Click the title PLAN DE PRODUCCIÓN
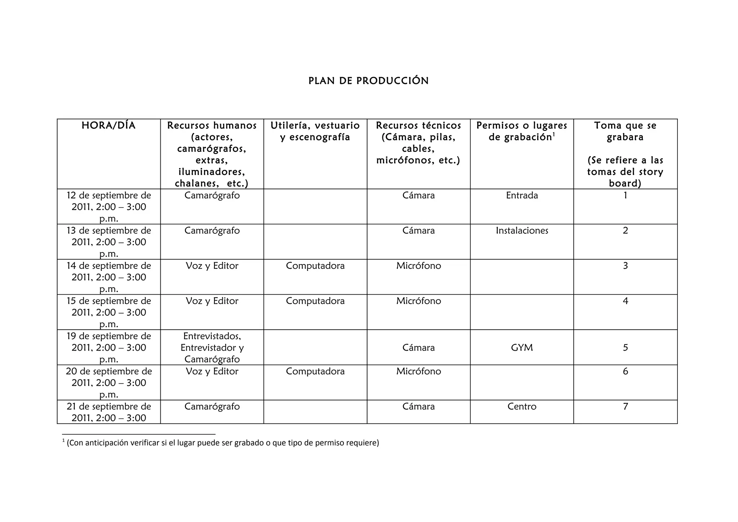pyautogui.click(x=368, y=81)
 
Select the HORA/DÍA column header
pyautogui.click(x=108, y=126)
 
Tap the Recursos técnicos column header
pyautogui.click(x=418, y=142)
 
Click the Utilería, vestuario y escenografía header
pyautogui.click(x=315, y=131)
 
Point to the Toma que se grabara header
pyautogui.click(x=625, y=131)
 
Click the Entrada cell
pyautogui.click(x=521, y=196)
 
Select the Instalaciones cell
pyautogui.click(x=521, y=231)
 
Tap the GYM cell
pyautogui.click(x=521, y=348)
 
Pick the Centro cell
pyautogui.click(x=521, y=407)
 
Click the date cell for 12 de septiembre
pyautogui.click(x=108, y=207)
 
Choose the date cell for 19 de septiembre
pyautogui.click(x=108, y=347)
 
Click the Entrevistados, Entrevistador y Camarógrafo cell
pyautogui.click(x=212, y=347)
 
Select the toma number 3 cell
pyautogui.click(x=625, y=266)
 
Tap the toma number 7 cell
pyautogui.click(x=625, y=407)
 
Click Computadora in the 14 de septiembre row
pyautogui.click(x=315, y=266)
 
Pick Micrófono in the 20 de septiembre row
pyautogui.click(x=418, y=371)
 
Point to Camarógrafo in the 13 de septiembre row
pyautogui.click(x=212, y=231)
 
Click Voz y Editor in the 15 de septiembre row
pyautogui.click(x=212, y=301)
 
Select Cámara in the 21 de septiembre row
pyautogui.click(x=418, y=407)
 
